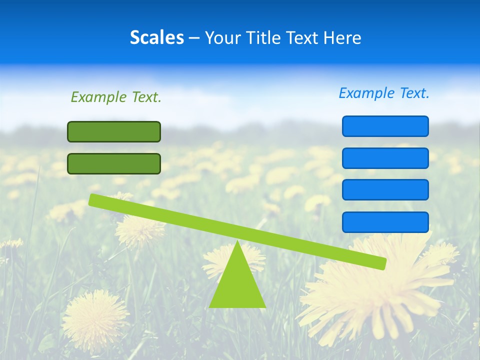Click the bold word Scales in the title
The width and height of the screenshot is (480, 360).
tap(157, 37)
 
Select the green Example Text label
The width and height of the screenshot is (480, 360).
tap(116, 97)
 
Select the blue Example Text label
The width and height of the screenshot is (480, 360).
tap(384, 93)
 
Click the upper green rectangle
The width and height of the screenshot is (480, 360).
tap(114, 131)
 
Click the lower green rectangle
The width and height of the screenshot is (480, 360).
tap(114, 163)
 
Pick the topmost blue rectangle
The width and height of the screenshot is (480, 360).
tap(385, 126)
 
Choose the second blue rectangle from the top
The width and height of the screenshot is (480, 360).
tap(385, 158)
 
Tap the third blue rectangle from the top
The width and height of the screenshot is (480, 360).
tap(385, 189)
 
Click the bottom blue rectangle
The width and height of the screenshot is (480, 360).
tap(385, 222)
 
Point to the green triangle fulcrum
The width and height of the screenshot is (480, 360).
tap(237, 282)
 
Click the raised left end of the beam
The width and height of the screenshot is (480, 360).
tap(94, 199)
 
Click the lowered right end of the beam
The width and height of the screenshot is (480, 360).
tap(381, 263)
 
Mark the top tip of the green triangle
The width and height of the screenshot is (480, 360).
tap(237, 242)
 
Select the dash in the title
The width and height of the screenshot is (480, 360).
tap(194, 38)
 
